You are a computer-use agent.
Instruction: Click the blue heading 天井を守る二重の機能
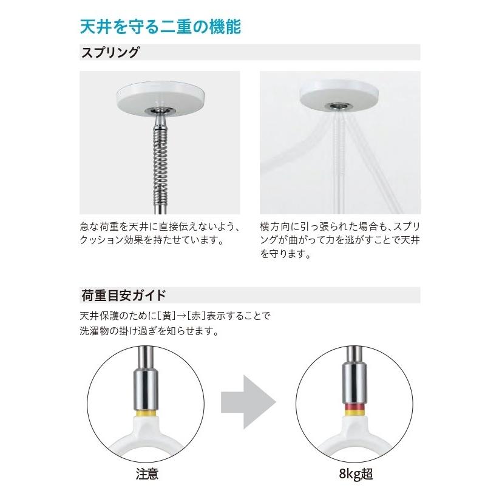[x=161, y=27]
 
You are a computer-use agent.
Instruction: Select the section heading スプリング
[x=110, y=52]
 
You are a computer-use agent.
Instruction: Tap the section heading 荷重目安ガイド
[x=123, y=296]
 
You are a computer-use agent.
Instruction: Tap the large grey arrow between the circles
[x=248, y=401]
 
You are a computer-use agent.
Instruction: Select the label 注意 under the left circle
[x=147, y=474]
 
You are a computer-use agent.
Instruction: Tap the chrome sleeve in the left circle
[x=147, y=385]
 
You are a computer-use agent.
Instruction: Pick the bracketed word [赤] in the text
[x=195, y=316]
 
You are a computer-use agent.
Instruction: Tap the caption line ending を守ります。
[x=285, y=255]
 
